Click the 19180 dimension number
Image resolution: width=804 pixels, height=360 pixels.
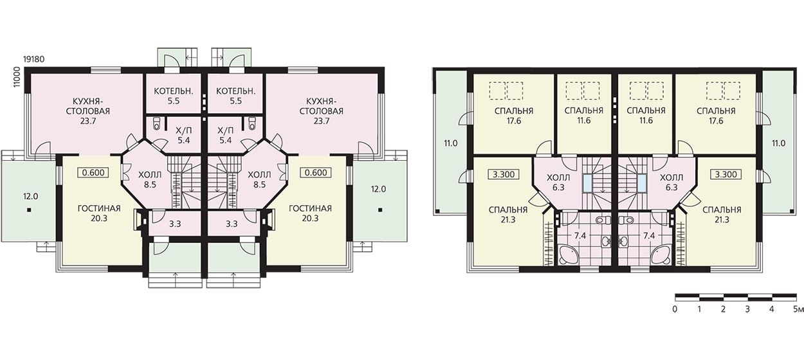(33, 59)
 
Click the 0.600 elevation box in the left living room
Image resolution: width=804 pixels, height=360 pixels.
(93, 173)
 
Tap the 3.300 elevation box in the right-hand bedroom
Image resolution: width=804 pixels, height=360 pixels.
(726, 175)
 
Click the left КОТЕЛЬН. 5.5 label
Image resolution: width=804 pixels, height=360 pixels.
(174, 96)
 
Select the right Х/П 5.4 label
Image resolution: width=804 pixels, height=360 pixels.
(225, 135)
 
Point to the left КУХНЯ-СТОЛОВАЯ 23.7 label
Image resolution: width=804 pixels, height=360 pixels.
(88, 111)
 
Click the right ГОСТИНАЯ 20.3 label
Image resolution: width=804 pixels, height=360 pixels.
(310, 213)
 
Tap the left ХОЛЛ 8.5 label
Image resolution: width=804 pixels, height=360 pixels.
(150, 179)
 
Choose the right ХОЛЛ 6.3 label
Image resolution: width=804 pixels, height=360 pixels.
(672, 182)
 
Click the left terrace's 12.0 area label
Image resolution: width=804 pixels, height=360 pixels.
(30, 197)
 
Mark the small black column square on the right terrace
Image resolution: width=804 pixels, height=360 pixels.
(380, 210)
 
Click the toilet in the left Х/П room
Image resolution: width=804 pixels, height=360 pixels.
(156, 123)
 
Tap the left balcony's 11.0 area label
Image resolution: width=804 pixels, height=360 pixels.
(450, 143)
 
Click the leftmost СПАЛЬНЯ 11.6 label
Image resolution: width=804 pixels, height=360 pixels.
(584, 116)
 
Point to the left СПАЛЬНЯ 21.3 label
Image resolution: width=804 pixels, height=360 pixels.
(508, 215)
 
